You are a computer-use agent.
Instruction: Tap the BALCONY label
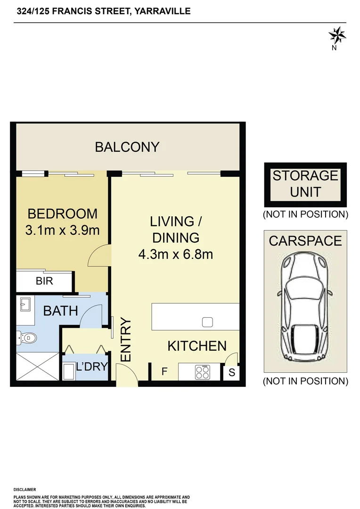[127, 147]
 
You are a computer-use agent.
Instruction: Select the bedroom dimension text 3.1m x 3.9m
[62, 230]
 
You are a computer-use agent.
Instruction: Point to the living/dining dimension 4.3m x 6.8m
[176, 254]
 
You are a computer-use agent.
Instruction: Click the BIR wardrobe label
[44, 281]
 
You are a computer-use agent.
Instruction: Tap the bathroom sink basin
[25, 304]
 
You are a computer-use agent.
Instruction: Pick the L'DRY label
[92, 367]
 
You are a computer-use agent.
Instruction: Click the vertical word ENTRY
[126, 340]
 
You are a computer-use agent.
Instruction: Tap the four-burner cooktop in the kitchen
[203, 372]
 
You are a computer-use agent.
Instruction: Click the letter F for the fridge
[164, 371]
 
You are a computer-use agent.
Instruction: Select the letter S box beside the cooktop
[231, 372]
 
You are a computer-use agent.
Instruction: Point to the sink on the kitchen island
[207, 322]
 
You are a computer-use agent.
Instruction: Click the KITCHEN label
[197, 346]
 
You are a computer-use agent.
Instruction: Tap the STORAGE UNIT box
[305, 185]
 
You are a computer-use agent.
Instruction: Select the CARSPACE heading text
[305, 241]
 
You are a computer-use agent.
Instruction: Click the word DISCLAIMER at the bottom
[25, 490]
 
